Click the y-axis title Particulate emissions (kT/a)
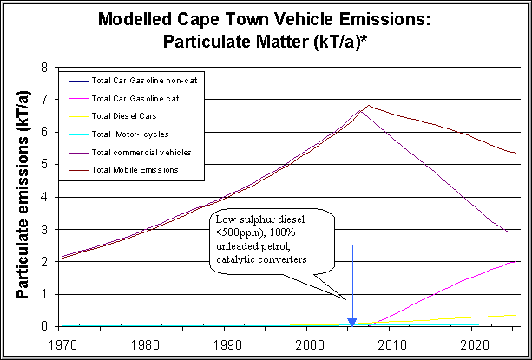(23, 196)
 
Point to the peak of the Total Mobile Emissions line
(368, 106)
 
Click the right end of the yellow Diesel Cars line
(516, 315)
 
